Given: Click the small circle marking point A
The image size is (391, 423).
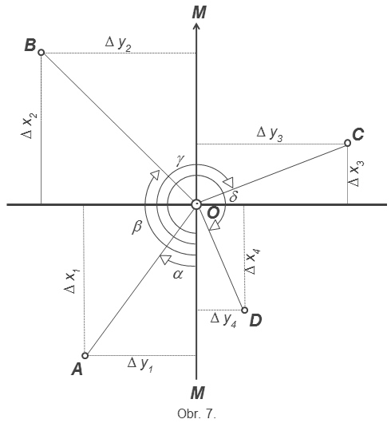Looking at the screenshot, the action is [85, 355].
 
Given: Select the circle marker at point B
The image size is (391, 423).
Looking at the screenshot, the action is [41, 53].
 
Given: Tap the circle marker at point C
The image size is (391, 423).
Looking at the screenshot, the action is [348, 143].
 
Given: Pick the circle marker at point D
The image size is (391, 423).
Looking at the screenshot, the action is [244, 310].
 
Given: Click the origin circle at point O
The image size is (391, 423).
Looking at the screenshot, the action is [196, 204].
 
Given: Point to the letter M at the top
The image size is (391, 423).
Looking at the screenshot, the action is [199, 13].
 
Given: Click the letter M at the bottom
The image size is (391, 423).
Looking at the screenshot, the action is [198, 393].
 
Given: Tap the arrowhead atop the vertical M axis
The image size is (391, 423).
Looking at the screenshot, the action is [196, 26].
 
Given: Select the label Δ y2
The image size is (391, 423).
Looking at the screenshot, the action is [118, 44].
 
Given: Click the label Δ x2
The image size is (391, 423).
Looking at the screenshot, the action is [29, 126].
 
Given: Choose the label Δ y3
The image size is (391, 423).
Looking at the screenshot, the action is [270, 134].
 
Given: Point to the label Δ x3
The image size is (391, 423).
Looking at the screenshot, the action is [356, 174].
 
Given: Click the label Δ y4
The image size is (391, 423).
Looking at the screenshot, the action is [223, 320].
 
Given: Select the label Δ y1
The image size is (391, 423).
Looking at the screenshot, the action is [140, 365].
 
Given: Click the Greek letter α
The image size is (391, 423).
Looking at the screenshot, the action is [178, 275].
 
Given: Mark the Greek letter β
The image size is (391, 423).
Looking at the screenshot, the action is [136, 227].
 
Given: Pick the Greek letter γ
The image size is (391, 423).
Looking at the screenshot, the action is [180, 160].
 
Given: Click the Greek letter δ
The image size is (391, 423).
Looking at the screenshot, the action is [233, 196].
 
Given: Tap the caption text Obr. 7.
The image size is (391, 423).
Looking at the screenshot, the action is [196, 413].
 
